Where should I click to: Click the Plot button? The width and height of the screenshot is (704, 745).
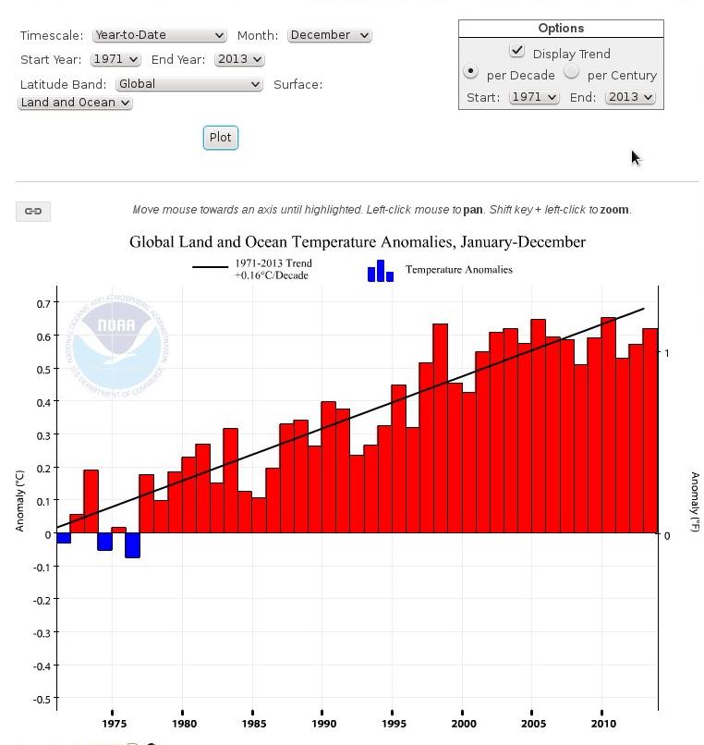(220, 138)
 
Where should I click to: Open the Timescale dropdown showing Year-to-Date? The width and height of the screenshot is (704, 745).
(159, 35)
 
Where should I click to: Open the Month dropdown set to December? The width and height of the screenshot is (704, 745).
(329, 35)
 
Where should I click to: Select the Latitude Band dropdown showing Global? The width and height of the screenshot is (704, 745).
(189, 84)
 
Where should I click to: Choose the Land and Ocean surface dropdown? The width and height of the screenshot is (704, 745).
(75, 103)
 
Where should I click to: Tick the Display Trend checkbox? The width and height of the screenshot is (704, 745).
(516, 51)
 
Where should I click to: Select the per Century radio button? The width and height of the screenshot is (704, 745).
(572, 72)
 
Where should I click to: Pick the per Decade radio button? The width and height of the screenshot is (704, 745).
(471, 72)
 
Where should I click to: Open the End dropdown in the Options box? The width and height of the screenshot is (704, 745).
(630, 97)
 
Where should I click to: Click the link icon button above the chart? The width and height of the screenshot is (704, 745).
(33, 212)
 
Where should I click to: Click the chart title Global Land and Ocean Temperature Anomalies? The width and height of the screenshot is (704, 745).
(357, 242)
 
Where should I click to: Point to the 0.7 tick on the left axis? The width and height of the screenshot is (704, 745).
(43, 303)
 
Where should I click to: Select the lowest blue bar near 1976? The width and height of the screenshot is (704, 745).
(132, 545)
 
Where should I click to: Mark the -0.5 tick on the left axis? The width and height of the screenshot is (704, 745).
(41, 700)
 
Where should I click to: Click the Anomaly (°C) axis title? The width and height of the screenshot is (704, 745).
(20, 500)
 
